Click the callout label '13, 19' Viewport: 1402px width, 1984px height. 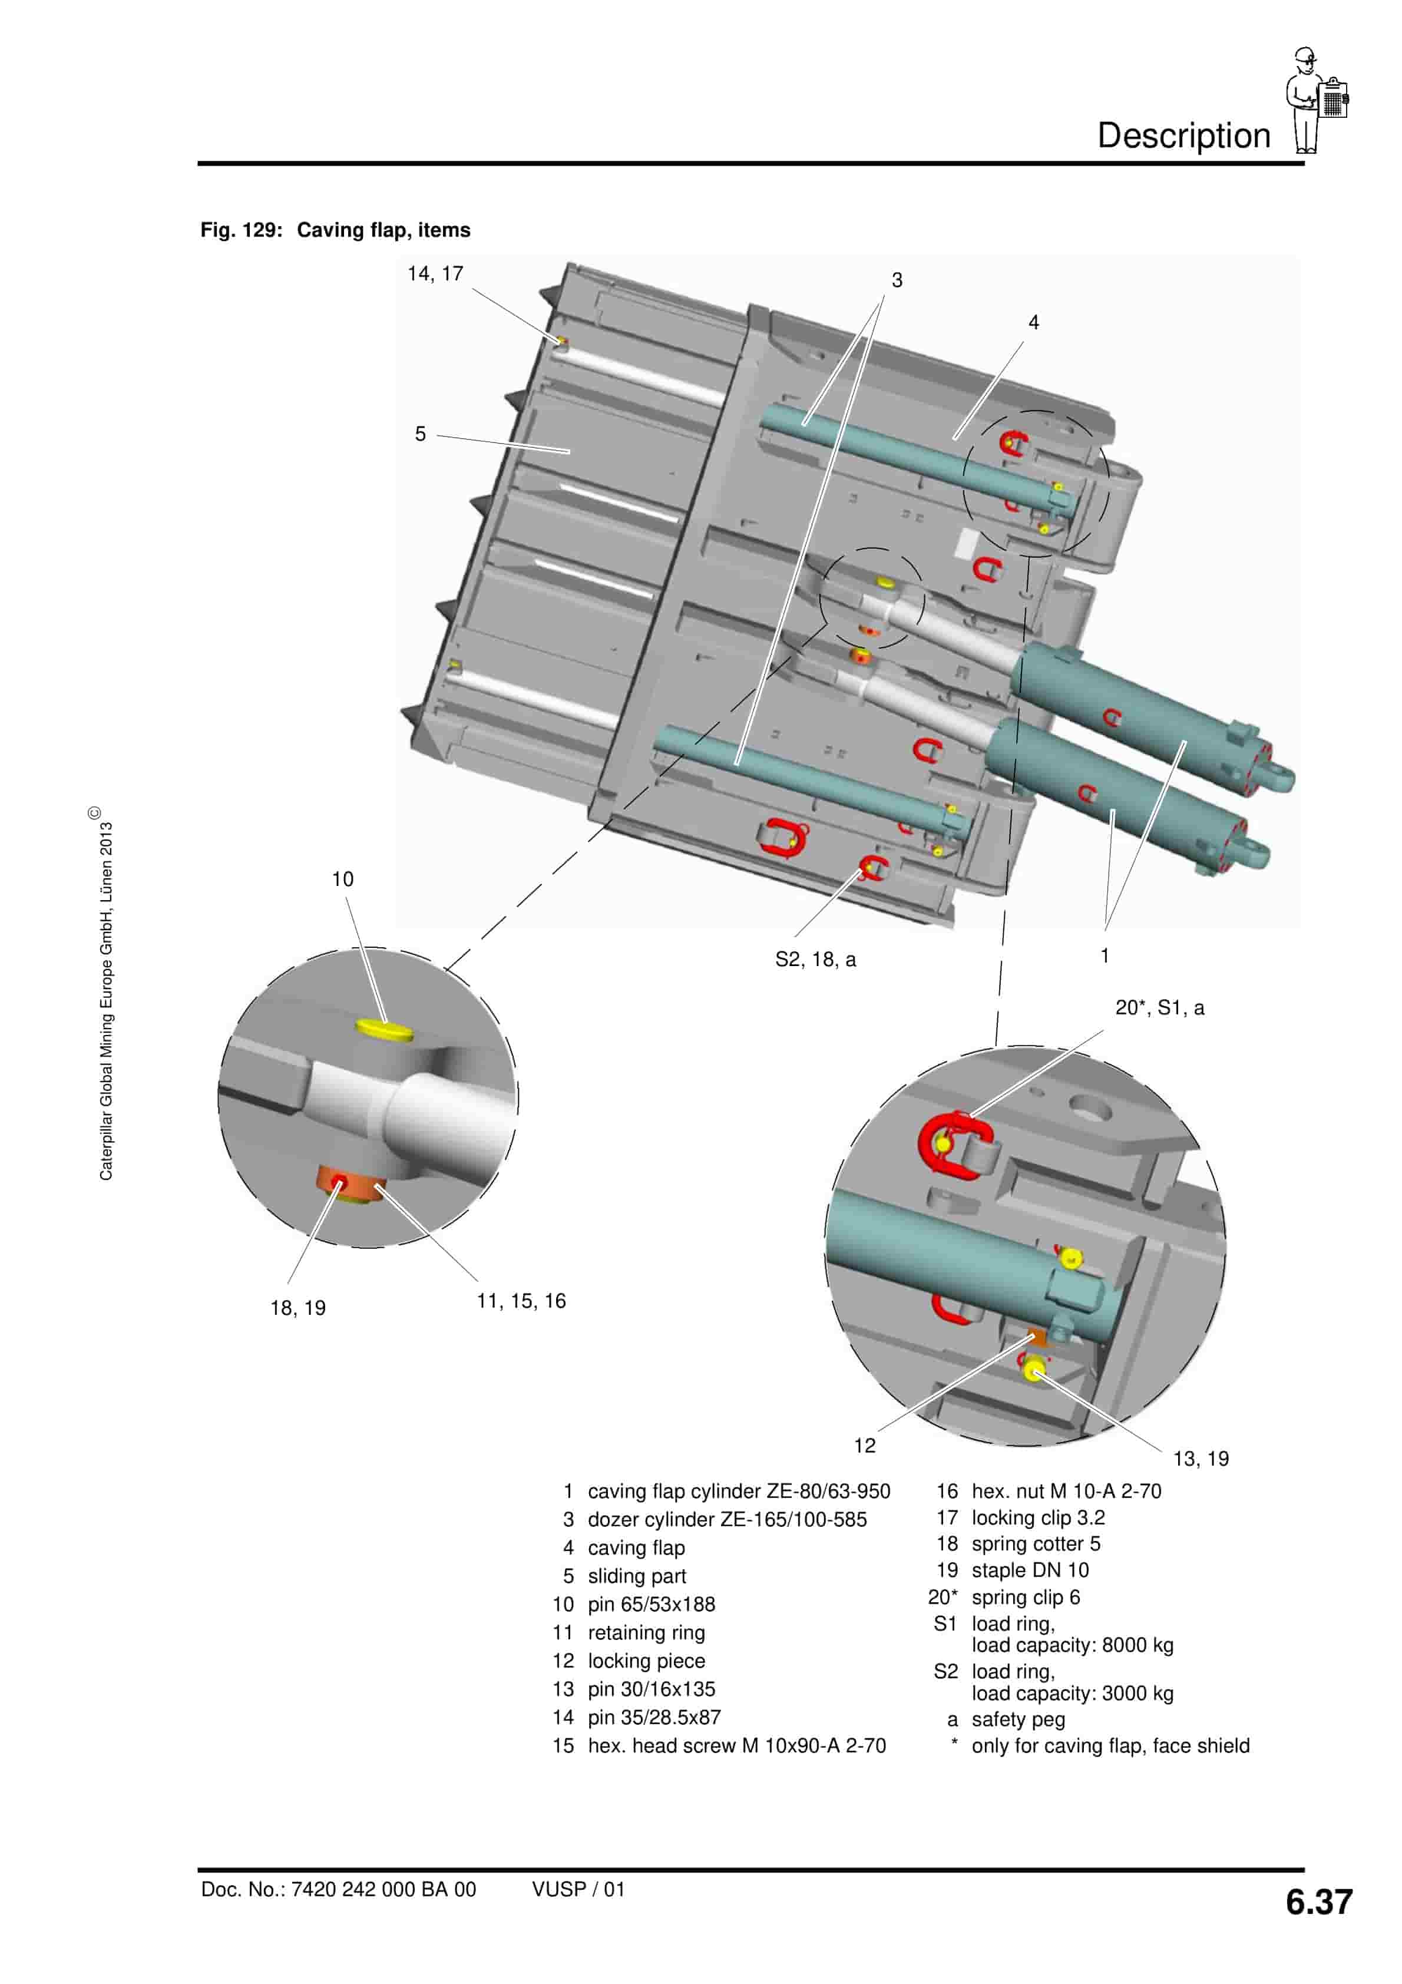(x=1200, y=1459)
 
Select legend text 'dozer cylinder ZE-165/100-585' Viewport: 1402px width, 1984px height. (x=726, y=1520)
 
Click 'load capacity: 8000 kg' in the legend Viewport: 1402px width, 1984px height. (x=1072, y=1645)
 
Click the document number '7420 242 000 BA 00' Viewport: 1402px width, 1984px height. (x=383, y=1890)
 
